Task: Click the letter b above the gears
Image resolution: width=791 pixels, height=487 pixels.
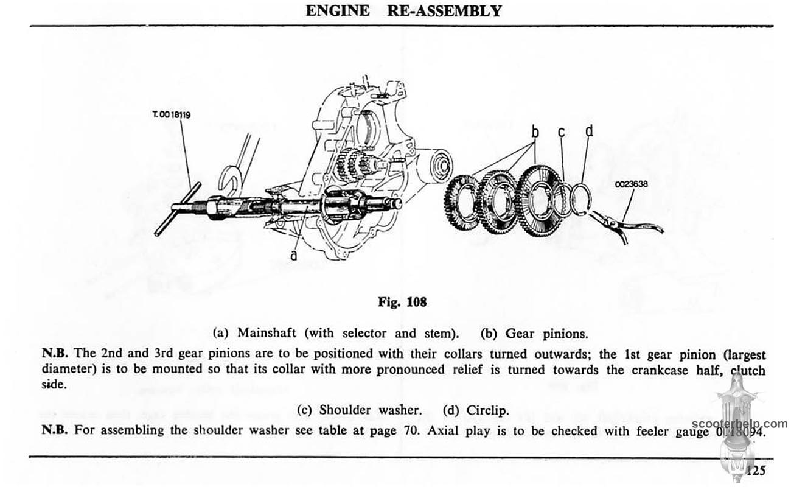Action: (x=535, y=131)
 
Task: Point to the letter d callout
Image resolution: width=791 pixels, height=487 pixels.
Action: (x=588, y=130)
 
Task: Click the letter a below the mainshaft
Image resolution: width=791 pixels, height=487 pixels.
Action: (x=294, y=256)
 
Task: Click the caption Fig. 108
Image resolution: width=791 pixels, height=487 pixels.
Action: (x=402, y=302)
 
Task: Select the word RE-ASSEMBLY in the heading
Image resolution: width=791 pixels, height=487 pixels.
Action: (x=444, y=11)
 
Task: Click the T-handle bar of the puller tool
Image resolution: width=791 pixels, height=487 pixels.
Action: (x=177, y=209)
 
